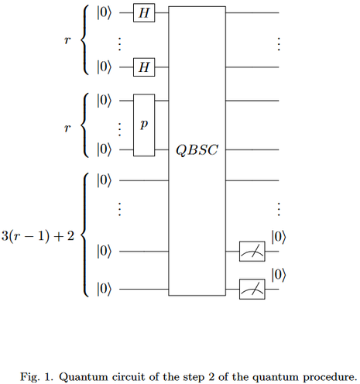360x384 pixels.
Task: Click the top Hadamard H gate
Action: coord(144,12)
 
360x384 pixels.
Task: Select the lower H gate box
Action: coord(144,67)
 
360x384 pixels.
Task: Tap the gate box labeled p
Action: coord(144,125)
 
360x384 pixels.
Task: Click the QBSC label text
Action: coord(197,150)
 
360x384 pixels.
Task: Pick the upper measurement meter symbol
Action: coord(252,252)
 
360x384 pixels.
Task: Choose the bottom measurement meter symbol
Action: coord(252,290)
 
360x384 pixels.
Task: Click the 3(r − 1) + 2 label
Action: coord(38,236)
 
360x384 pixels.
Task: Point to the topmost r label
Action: coord(67,40)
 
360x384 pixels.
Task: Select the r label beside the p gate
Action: coord(67,128)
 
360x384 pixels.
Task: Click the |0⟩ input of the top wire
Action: coord(104,12)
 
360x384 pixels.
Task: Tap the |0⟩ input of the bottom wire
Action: coord(104,289)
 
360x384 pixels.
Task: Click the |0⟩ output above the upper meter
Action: coord(279,237)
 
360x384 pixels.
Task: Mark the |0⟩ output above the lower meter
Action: coord(279,275)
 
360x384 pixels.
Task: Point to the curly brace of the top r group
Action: coord(84,40)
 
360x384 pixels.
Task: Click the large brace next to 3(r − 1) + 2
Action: coord(84,235)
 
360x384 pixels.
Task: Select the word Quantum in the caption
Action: coord(84,377)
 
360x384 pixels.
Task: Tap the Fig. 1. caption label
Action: coord(36,377)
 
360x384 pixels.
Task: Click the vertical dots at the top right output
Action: coord(279,44)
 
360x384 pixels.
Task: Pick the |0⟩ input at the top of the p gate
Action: coord(104,101)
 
